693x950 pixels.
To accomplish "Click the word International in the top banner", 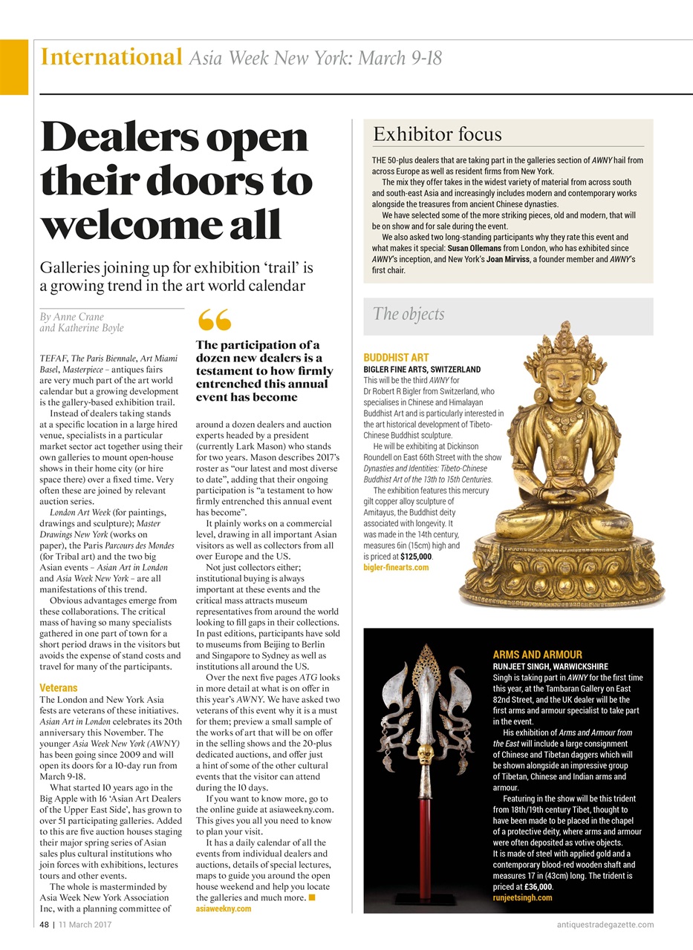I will click(111, 57).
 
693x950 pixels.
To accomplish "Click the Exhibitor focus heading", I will click(437, 134).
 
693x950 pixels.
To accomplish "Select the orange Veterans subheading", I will click(59, 688).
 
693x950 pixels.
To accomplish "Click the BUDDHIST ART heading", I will click(396, 358).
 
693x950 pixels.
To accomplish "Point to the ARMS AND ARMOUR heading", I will click(537, 655).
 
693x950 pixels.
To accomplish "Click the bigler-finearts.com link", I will click(396, 567).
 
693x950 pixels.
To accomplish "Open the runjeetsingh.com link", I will click(522, 898).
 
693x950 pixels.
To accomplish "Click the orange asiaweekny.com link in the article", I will click(224, 908).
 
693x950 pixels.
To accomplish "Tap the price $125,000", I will click(416, 556).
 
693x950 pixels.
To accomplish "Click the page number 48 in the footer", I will click(45, 924).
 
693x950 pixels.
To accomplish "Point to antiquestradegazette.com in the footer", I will click(605, 924).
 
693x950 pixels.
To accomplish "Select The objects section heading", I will click(409, 314).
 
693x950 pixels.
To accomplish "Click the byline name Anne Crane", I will click(72, 317).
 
